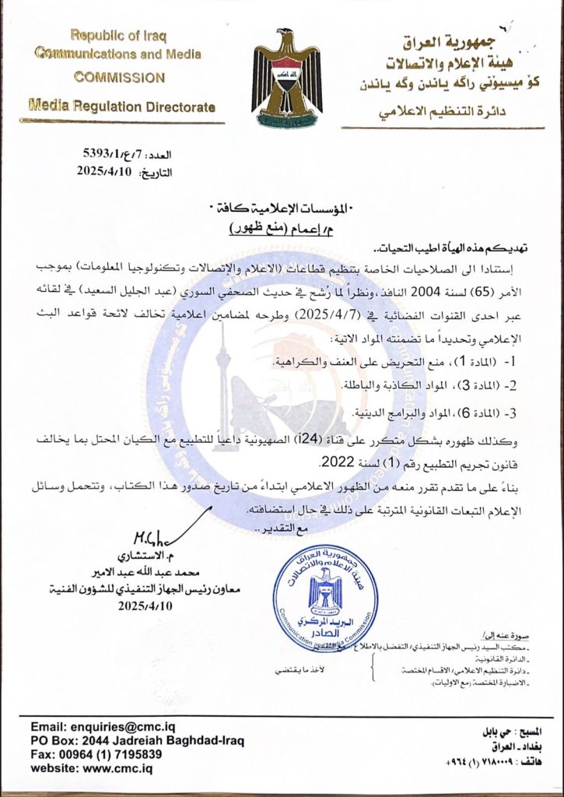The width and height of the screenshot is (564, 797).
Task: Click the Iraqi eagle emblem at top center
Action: pos(287,80)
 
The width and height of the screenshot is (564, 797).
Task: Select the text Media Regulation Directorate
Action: pos(122,107)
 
